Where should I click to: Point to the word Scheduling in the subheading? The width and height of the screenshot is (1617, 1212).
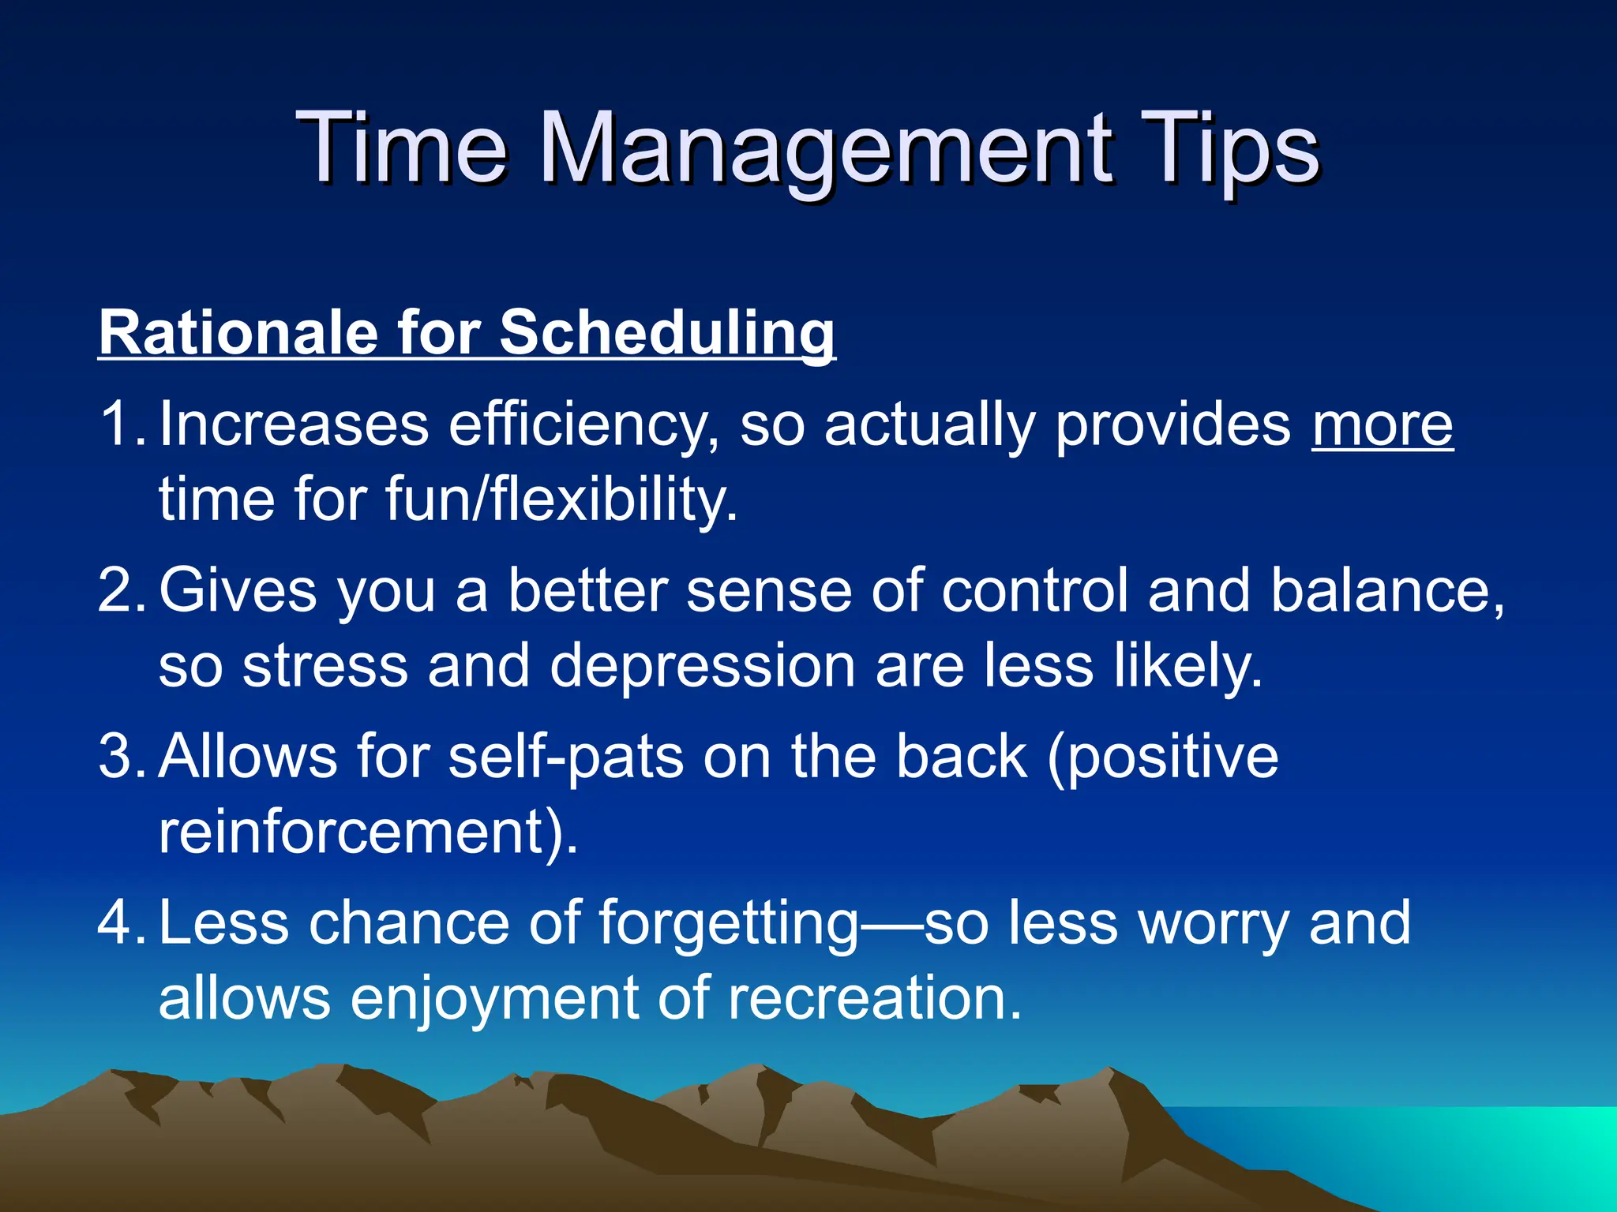click(667, 334)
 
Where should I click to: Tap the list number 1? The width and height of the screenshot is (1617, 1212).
click(118, 425)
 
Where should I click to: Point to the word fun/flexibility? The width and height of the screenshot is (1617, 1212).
click(561, 500)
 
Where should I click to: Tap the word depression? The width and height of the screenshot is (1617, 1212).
click(703, 666)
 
